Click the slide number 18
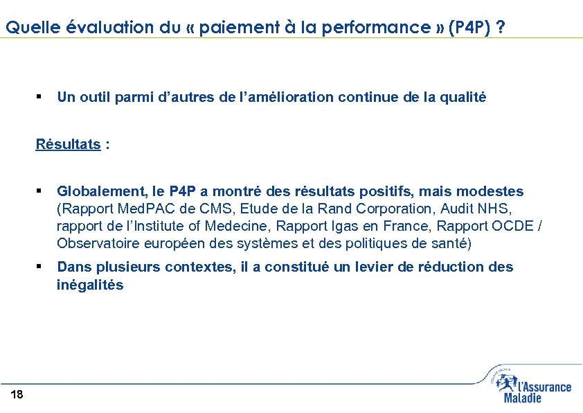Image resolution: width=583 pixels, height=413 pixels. [x=17, y=395]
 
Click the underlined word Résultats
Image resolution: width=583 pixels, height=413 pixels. [x=69, y=144]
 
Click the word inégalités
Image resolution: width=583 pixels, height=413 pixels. [x=90, y=285]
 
